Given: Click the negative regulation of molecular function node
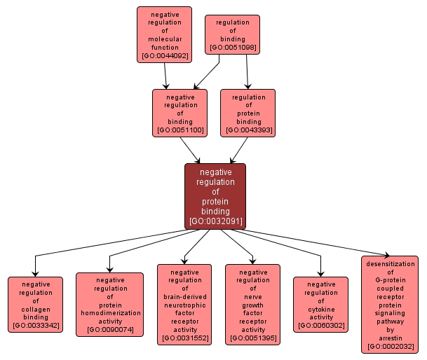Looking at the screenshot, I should (164, 34).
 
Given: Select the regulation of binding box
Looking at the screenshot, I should (232, 34).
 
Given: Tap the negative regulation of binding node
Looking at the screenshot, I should (180, 113).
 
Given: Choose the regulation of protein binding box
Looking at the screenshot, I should (248, 113).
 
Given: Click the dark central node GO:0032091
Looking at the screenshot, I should (215, 196).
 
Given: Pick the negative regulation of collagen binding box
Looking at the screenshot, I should (35, 305).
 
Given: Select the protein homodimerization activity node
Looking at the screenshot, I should (109, 305).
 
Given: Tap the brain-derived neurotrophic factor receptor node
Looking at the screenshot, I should (184, 305).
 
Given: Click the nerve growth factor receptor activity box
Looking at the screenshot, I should (252, 305).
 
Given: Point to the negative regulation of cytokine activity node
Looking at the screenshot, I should (320, 305).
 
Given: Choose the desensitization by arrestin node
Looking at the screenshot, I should (390, 305).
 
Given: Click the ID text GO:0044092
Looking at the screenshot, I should (164, 55).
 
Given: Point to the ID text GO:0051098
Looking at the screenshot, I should (232, 48).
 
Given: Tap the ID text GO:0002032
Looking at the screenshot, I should (390, 345).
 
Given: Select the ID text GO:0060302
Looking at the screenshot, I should (320, 326).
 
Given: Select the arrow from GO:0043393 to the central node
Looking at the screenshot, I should (239, 149).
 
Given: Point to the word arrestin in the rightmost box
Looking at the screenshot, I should (390, 337).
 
